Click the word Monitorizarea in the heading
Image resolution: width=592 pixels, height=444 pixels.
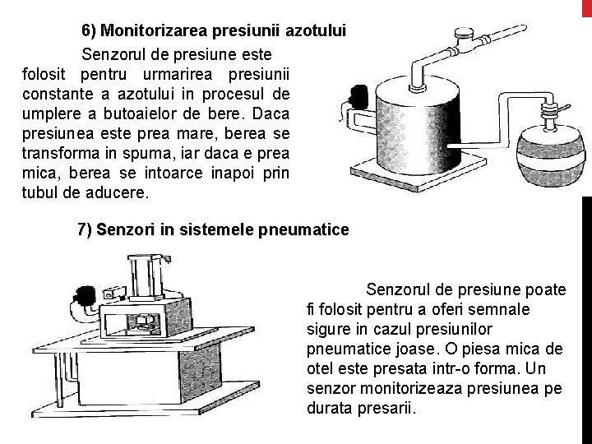(x=154, y=30)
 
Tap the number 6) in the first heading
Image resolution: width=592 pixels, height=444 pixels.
(x=89, y=30)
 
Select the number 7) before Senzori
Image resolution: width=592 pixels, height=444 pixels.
(x=85, y=229)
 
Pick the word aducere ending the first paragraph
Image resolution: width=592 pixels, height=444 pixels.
(x=117, y=192)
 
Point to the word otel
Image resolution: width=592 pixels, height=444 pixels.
(x=319, y=368)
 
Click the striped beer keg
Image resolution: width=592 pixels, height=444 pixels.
(x=551, y=155)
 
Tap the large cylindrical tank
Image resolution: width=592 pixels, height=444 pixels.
(x=418, y=125)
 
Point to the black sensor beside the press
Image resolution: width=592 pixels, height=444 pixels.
(x=84, y=295)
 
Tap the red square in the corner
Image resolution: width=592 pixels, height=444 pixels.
(x=587, y=8)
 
